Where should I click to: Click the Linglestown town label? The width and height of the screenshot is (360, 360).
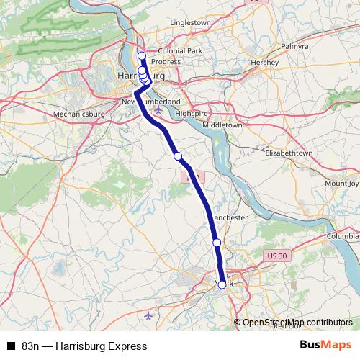(190, 23)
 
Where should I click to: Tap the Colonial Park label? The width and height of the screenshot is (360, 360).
(181, 51)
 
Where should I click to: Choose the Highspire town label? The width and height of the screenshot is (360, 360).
(191, 114)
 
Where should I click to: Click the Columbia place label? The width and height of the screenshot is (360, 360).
(341, 235)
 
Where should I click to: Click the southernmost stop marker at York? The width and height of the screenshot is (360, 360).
(222, 284)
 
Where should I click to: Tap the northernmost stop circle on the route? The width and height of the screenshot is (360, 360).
(142, 55)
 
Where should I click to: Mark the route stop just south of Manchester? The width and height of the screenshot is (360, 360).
(217, 243)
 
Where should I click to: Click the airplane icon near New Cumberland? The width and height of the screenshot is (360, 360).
(158, 110)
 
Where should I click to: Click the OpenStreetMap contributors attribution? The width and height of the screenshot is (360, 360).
(297, 323)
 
